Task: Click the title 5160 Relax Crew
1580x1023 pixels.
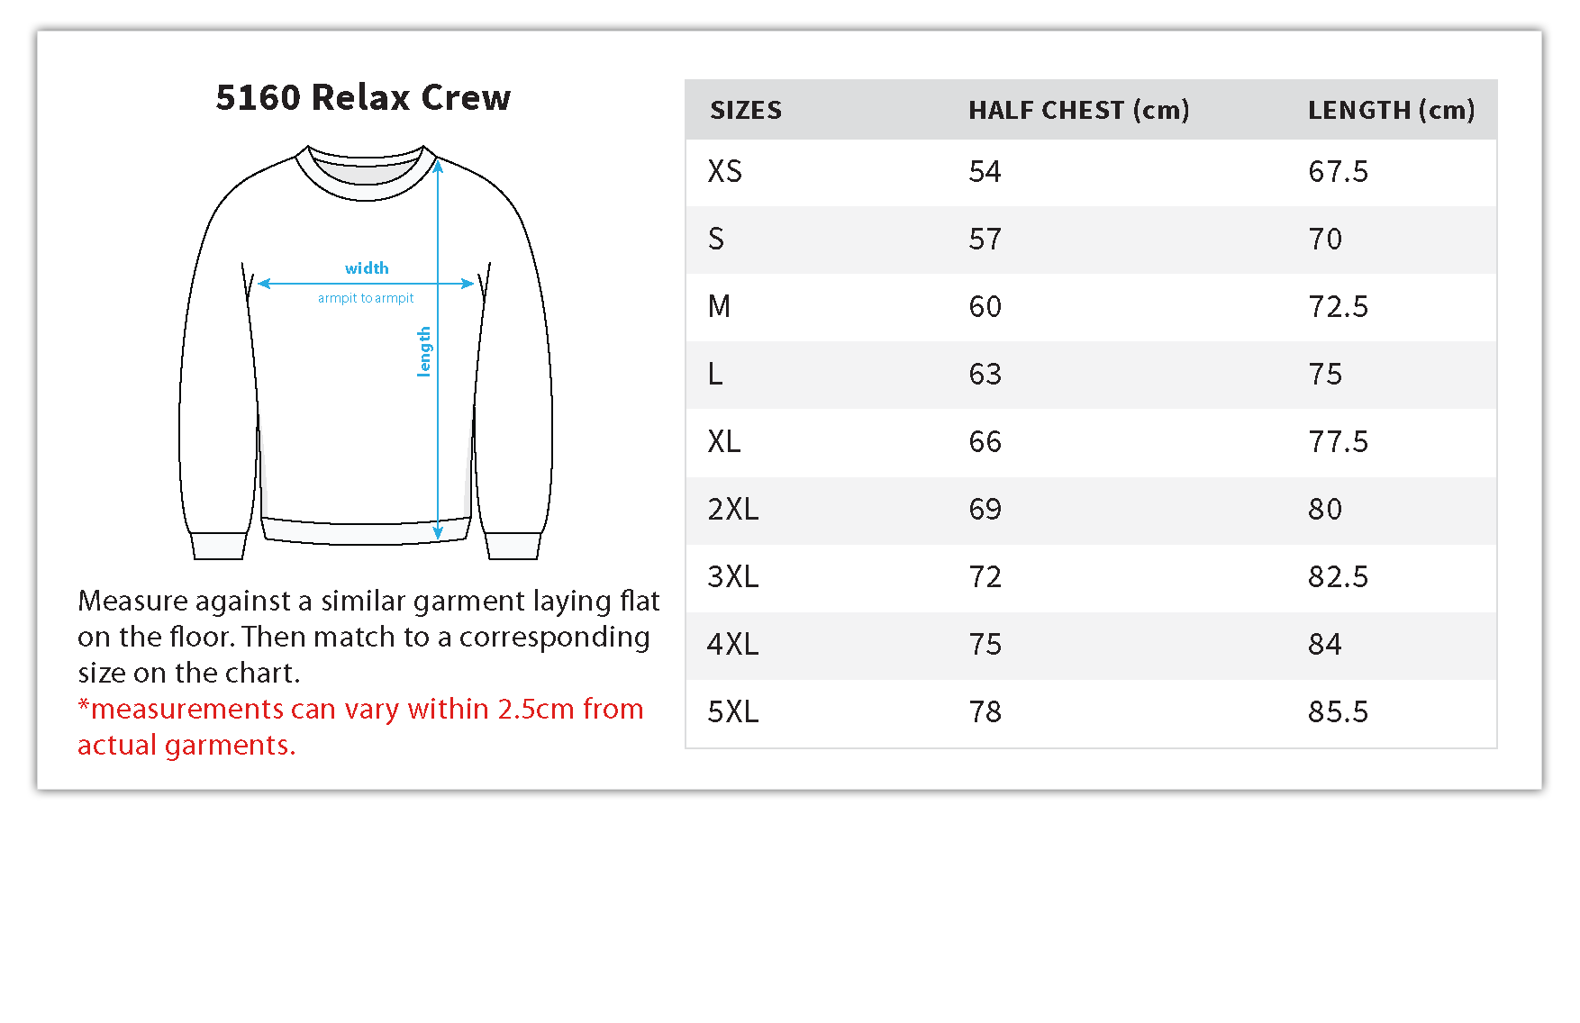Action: click(363, 97)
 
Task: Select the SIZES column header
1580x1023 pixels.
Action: click(745, 110)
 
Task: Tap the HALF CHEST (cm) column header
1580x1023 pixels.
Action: click(1078, 110)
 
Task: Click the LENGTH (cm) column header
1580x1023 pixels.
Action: click(1391, 110)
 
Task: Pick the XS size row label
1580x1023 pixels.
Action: click(724, 171)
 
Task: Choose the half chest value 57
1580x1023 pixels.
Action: click(985, 239)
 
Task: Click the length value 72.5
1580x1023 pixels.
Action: click(1338, 306)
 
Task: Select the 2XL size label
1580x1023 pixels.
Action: click(732, 509)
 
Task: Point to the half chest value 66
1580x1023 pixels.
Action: click(985, 441)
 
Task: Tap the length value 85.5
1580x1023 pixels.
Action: click(1338, 711)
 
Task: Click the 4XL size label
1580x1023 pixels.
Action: click(732, 644)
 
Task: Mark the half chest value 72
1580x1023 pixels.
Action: click(985, 576)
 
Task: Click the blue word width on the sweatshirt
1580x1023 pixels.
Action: click(367, 268)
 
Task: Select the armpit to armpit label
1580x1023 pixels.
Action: click(366, 298)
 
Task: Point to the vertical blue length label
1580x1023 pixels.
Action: click(424, 351)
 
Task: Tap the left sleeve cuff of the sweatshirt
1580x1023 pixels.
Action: click(218, 546)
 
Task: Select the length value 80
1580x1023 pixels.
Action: click(1324, 509)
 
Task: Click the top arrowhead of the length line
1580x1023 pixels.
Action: click(438, 166)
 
